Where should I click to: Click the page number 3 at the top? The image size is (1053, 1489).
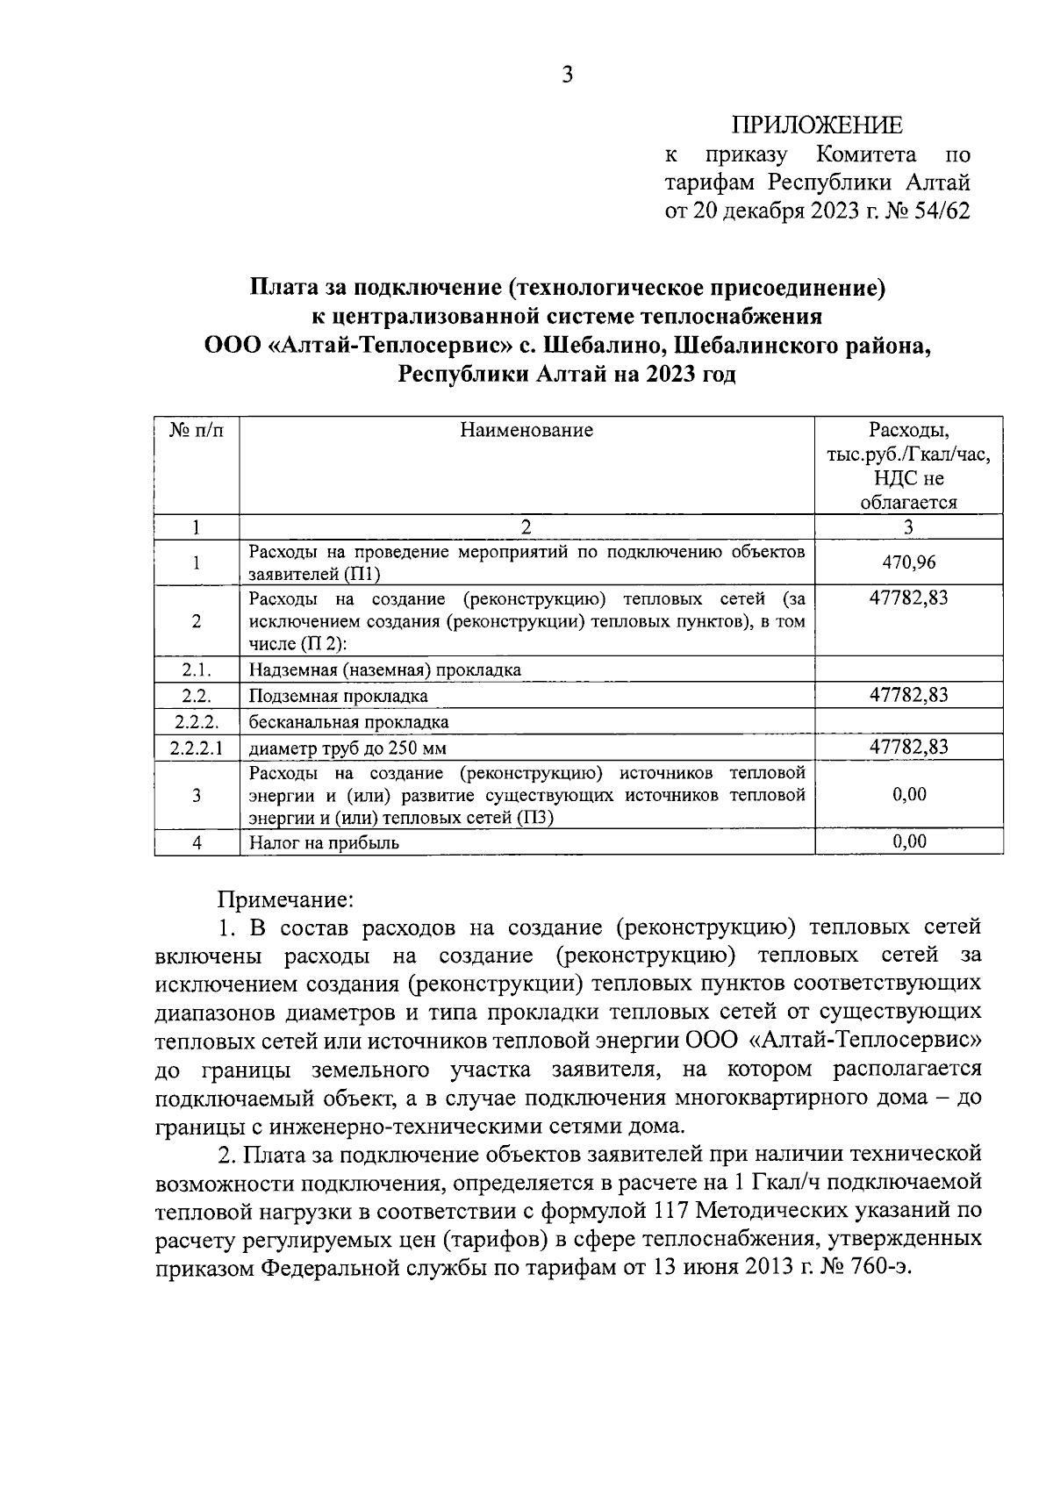(x=567, y=75)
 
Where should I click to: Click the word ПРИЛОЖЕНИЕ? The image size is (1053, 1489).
(x=817, y=125)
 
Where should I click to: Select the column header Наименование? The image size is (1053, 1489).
(x=526, y=430)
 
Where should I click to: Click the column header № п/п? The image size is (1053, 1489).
(x=197, y=430)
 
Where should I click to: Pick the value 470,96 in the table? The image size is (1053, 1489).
(x=908, y=562)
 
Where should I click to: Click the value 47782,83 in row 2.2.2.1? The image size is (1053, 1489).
(x=908, y=747)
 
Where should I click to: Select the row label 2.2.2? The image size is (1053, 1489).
(x=197, y=722)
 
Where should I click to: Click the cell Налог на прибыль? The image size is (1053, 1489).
(x=324, y=843)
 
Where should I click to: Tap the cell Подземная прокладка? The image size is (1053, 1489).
(x=339, y=696)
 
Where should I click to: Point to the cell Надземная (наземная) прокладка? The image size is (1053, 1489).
(x=384, y=670)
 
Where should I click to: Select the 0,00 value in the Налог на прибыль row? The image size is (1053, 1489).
(x=909, y=841)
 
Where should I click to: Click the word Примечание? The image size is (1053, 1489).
(x=285, y=899)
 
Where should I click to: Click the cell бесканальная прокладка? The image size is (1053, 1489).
(x=348, y=722)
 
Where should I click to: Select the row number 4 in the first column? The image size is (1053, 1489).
(x=197, y=843)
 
